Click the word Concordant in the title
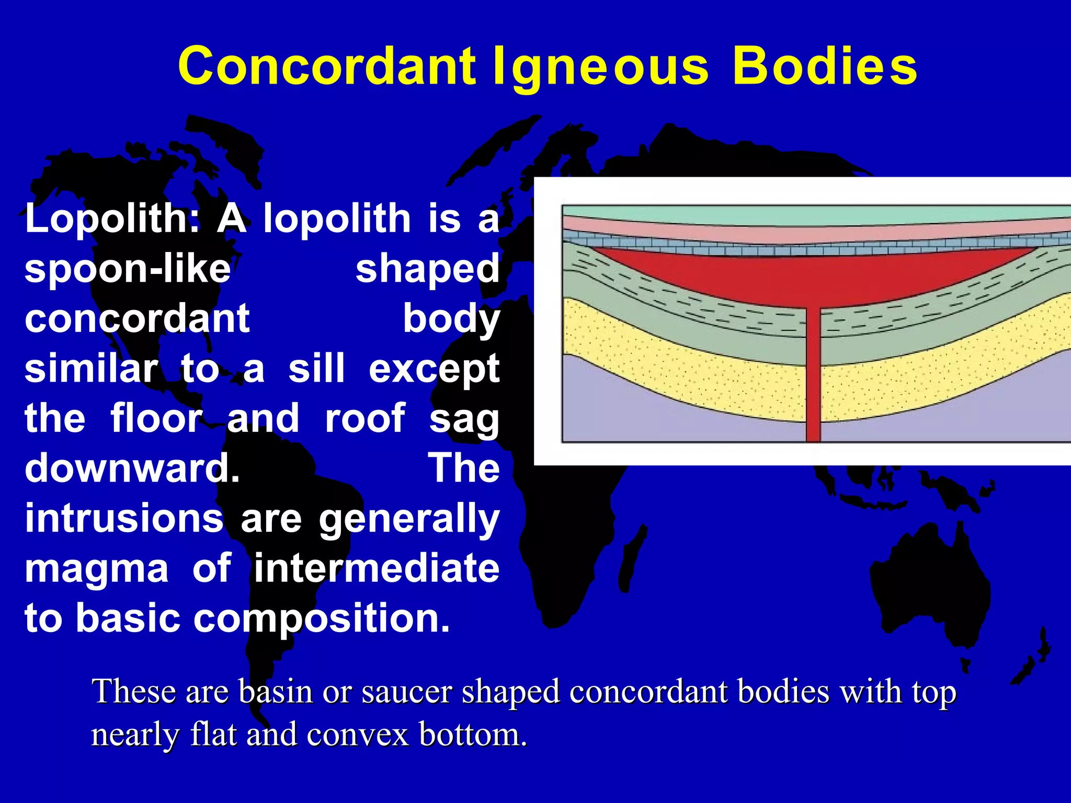coord(326,66)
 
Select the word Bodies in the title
coord(825,66)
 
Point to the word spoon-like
coord(127,269)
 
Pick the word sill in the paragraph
coord(316,369)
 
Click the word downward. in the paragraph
coord(132,468)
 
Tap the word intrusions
coord(124,518)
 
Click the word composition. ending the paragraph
coord(322,618)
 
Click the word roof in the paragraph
coord(364,418)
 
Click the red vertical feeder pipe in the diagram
coord(813,376)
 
